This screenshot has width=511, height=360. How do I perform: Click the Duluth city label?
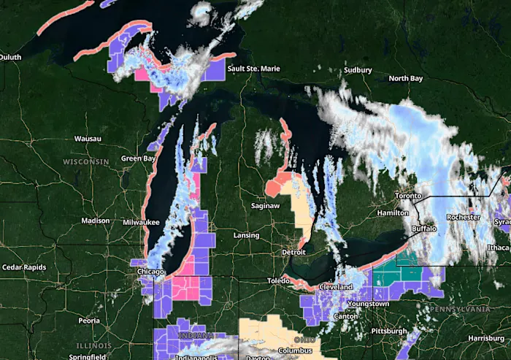[x=11, y=57]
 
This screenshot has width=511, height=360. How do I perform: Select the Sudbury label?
[x=358, y=70]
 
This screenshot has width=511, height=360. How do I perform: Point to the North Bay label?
[x=406, y=78]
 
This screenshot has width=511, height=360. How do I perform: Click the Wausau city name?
[x=88, y=139]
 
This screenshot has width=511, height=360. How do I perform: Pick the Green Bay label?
[x=139, y=158]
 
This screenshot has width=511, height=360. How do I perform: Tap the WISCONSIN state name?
[x=85, y=161]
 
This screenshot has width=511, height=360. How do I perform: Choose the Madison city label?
[x=96, y=221]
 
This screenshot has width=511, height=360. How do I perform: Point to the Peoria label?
[x=89, y=321]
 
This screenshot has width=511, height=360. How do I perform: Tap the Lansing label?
[x=246, y=235]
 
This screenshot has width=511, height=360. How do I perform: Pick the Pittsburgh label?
[x=388, y=332]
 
